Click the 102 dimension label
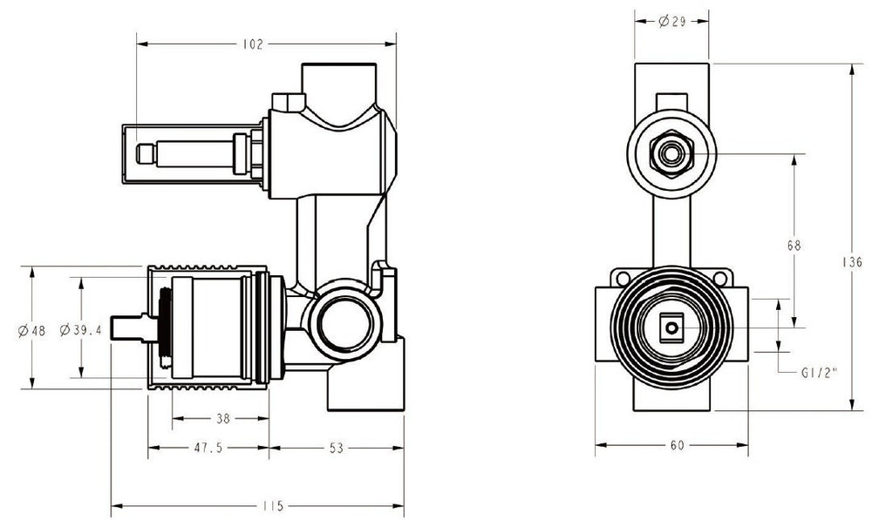pyautogui.click(x=253, y=44)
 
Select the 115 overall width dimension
pyautogui.click(x=272, y=506)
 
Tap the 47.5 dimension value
pyautogui.click(x=208, y=448)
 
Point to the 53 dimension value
pyautogui.click(x=336, y=448)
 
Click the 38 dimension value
pyautogui.click(x=222, y=418)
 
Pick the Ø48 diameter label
pyautogui.click(x=31, y=331)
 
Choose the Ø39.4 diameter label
pyautogui.click(x=81, y=330)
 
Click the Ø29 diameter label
pyautogui.click(x=672, y=22)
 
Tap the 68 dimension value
pyautogui.click(x=794, y=245)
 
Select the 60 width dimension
pyautogui.click(x=677, y=445)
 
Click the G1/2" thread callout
pyautogui.click(x=819, y=373)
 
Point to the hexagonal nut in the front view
pyautogui.click(x=671, y=154)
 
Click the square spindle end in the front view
pyautogui.click(x=671, y=328)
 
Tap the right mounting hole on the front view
pyautogui.click(x=720, y=278)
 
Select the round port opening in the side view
pyautogui.click(x=344, y=322)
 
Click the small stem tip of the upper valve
pyautogui.click(x=146, y=154)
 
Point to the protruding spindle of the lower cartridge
pyautogui.click(x=127, y=329)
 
